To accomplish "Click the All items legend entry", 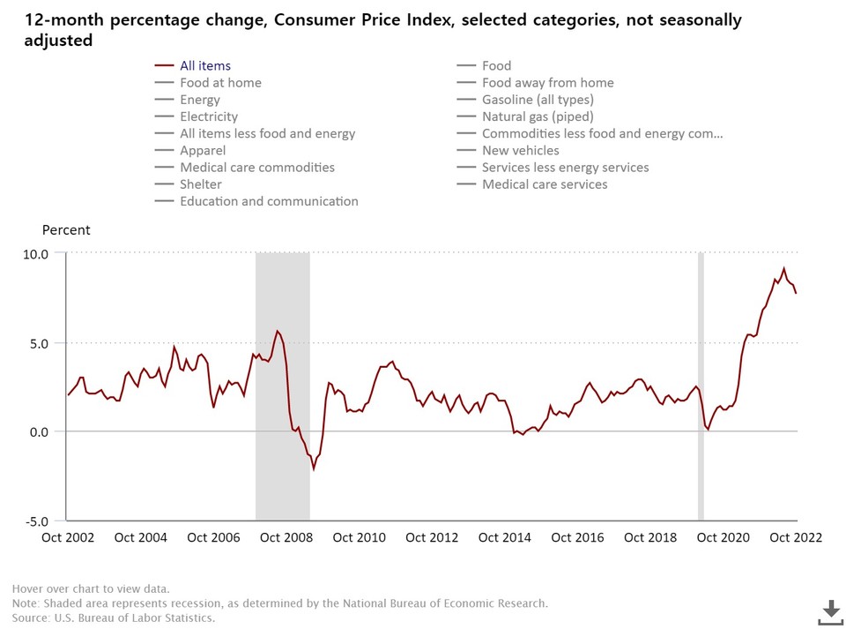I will tap(205, 65).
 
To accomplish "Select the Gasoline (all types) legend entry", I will tap(538, 100).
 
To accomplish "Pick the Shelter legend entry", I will tap(201, 184).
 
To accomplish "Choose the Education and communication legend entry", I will tap(269, 201).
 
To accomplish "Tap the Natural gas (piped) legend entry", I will tap(538, 116).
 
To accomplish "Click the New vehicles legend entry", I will tap(520, 151).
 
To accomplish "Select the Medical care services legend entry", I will tap(545, 184).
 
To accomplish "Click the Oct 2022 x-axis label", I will tap(795, 537).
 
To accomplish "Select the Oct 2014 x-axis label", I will tap(504, 537).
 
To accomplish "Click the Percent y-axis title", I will tap(66, 230).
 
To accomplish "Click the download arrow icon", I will tap(830, 610).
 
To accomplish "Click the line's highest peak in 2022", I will tap(783, 268).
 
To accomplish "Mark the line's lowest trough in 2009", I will tap(314, 468).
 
